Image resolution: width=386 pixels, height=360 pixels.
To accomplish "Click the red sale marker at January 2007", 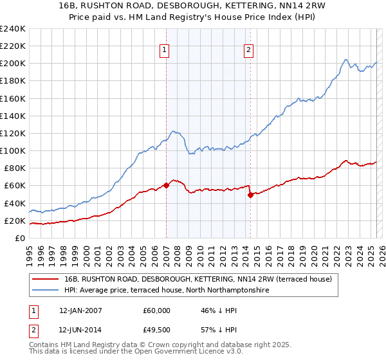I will pos(166,185).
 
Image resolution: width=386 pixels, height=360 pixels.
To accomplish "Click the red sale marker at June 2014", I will pos(250,195).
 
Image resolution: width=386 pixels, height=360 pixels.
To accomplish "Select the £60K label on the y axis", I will pos(14,185).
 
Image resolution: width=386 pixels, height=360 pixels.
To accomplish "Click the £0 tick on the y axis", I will pos(21,238).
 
